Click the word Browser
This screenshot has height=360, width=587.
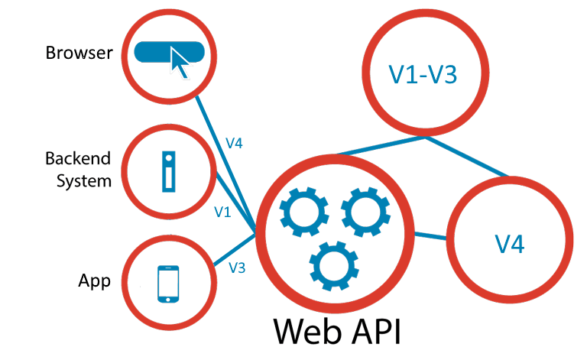coord(79,54)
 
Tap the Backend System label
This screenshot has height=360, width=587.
coord(78,170)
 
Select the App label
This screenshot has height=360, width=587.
coord(95,281)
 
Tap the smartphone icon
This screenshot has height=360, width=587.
coord(167,284)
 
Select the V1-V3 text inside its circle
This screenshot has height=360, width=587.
coord(423,76)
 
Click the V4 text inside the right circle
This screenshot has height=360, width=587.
coord(508,245)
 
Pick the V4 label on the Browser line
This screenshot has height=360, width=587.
coord(234,143)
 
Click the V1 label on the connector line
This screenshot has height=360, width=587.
coord(222,212)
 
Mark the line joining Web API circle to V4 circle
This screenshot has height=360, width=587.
coord(432,235)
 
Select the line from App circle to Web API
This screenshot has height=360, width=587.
coord(229,251)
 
